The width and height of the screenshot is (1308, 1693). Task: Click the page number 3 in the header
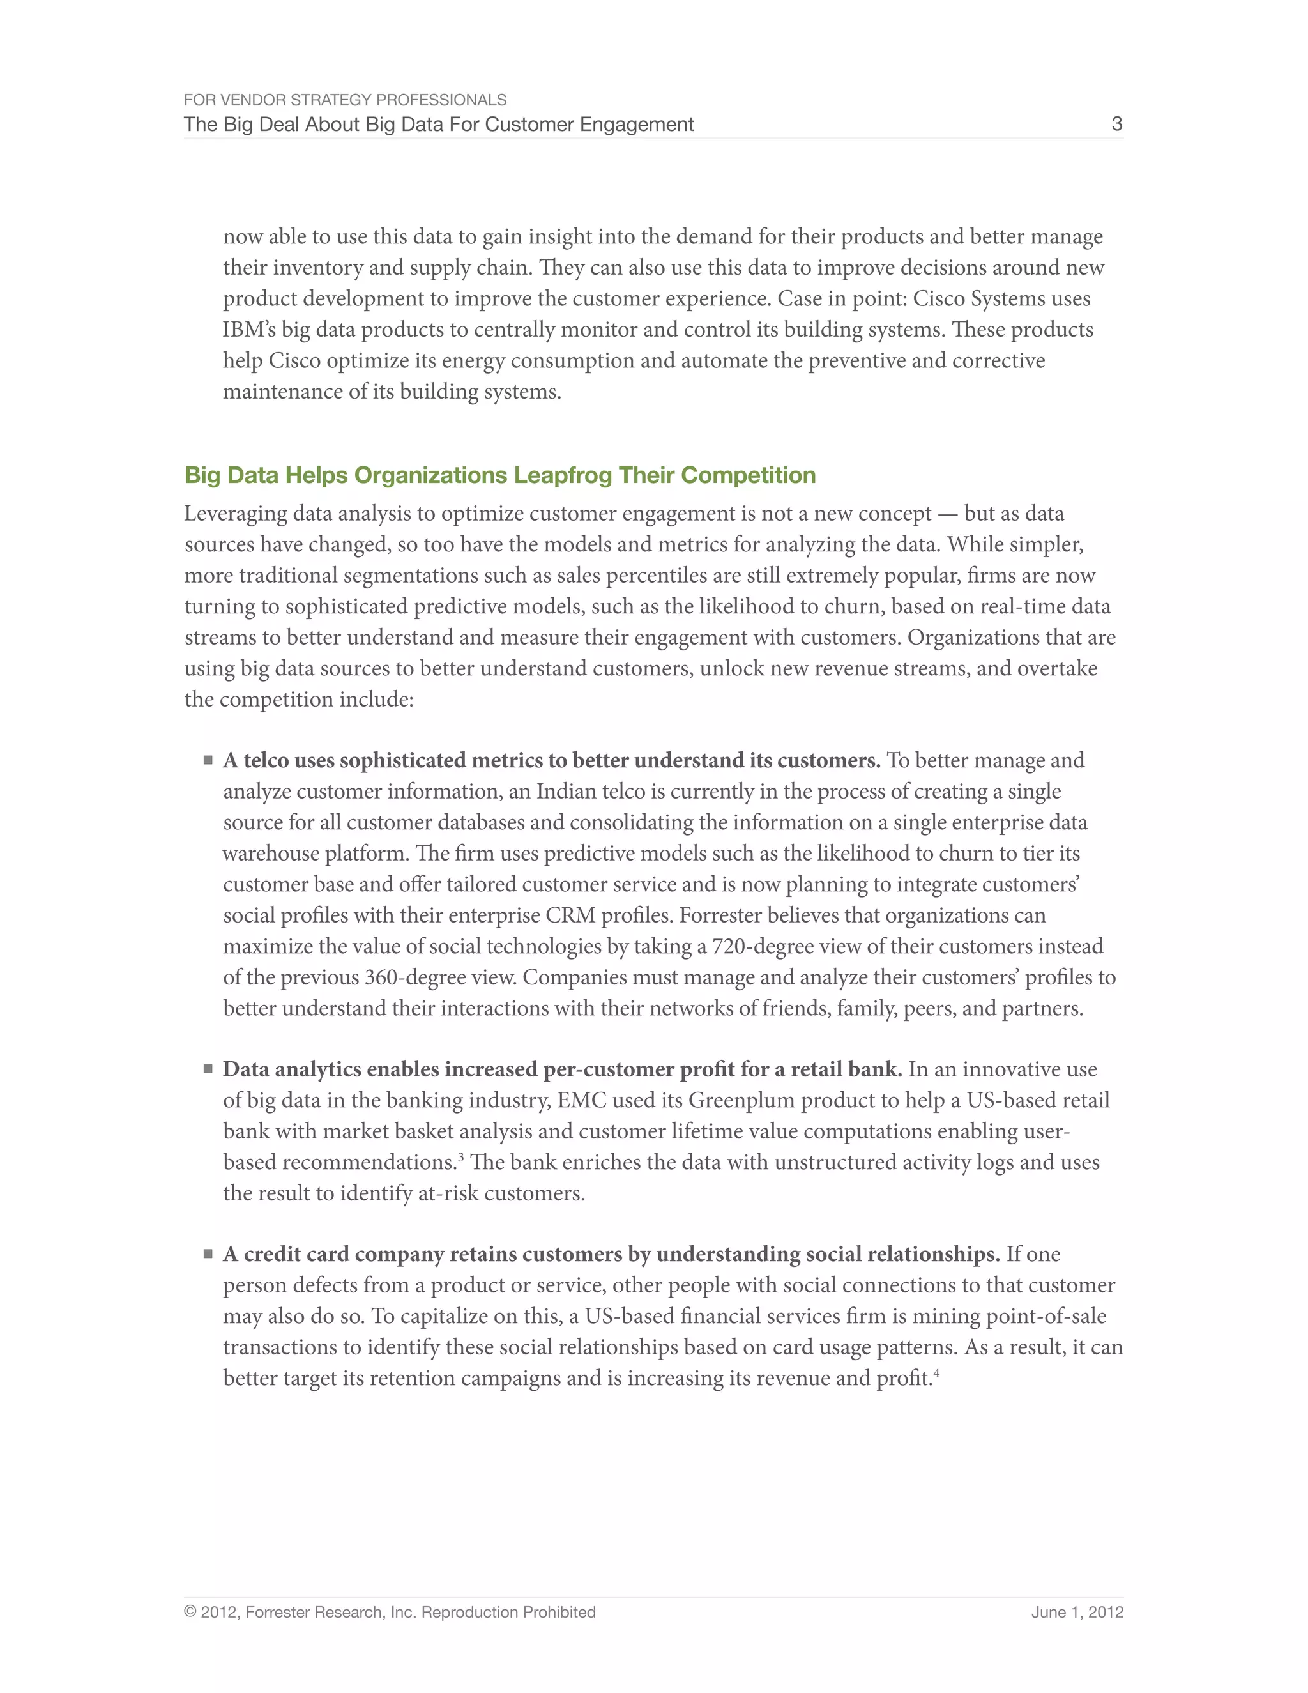[1116, 124]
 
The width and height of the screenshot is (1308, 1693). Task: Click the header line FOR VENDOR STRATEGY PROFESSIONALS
[345, 100]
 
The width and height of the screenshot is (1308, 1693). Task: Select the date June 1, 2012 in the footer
[1076, 1613]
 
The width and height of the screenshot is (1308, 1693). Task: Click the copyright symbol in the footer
[190, 1613]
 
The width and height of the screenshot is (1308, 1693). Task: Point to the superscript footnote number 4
[936, 1373]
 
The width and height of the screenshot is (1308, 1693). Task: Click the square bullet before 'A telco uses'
[208, 760]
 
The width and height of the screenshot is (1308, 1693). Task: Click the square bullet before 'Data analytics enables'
[208, 1069]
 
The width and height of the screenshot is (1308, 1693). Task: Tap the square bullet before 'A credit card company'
[208, 1254]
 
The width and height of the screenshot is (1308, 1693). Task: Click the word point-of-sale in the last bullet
[1046, 1316]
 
